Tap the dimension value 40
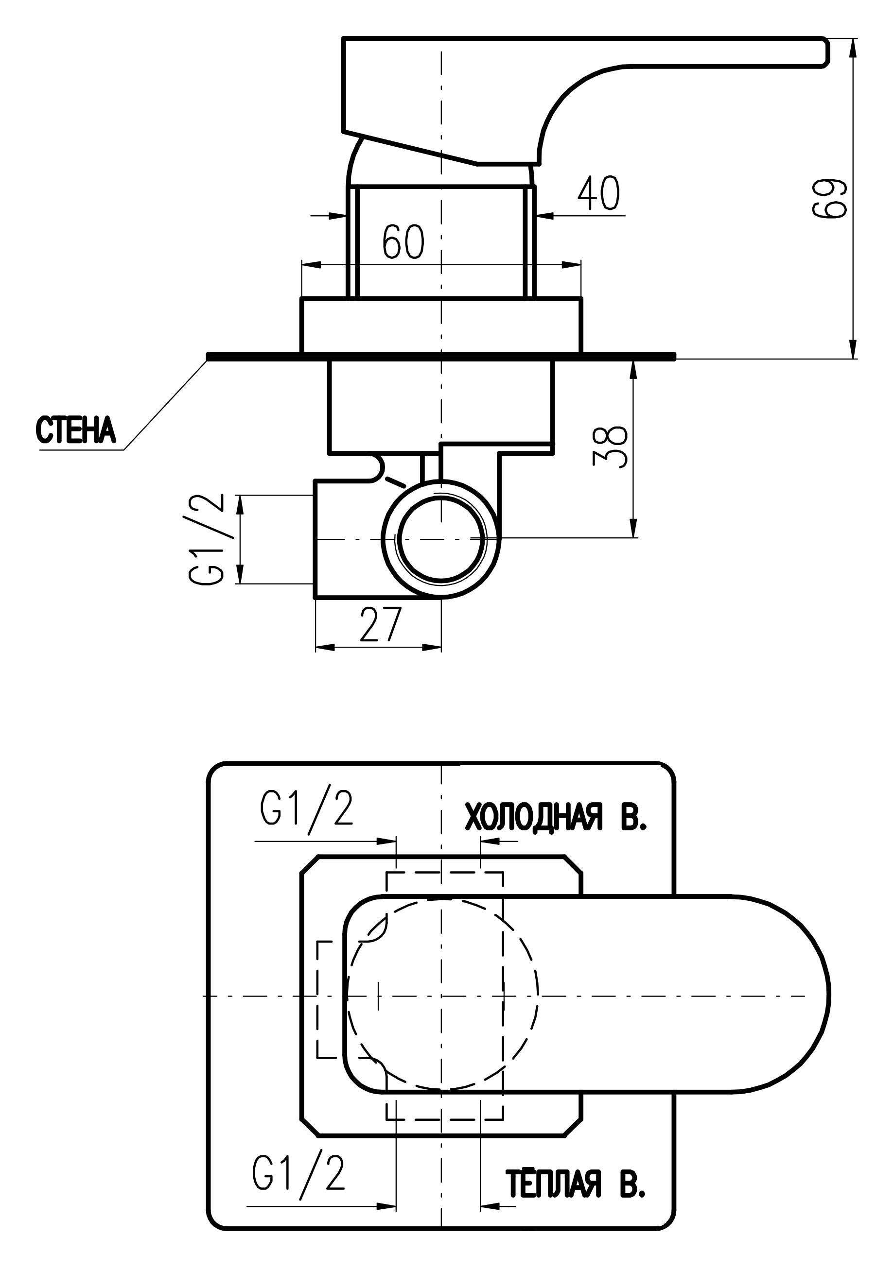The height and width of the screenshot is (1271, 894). [598, 193]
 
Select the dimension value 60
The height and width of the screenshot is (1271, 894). [404, 242]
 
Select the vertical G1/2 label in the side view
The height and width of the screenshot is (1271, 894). [207, 539]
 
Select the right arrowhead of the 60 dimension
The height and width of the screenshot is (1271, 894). [571, 265]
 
